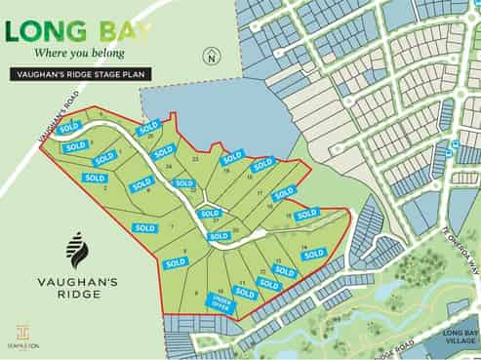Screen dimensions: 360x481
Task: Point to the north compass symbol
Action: tap(210, 58)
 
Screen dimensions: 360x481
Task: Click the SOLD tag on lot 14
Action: tap(313, 254)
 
